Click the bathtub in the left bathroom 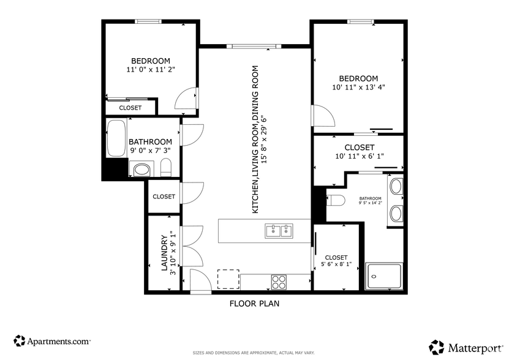coord(115,138)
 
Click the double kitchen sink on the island coord(279,231)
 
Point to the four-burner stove coord(279,282)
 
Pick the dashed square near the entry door coord(229,279)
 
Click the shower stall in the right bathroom coord(384,276)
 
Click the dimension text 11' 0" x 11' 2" coord(150,70)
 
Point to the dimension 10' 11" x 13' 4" coord(358,88)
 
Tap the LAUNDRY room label coord(164,252)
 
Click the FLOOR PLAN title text coord(255,303)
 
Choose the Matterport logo coord(467,347)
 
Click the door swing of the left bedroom coord(186,99)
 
